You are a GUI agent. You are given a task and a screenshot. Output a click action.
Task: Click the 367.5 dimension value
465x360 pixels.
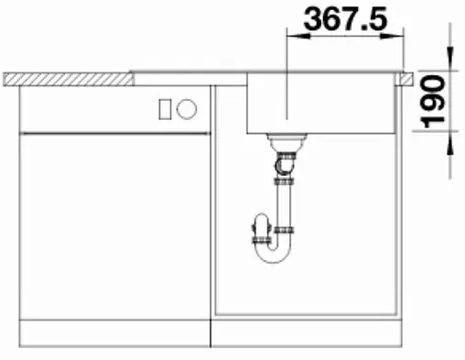click(343, 19)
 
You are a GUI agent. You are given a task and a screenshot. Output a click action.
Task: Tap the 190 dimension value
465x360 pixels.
click(432, 101)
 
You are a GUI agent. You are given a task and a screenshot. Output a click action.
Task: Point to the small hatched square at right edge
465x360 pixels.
click(403, 80)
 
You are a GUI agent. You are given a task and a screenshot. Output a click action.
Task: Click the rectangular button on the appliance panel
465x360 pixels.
click(165, 109)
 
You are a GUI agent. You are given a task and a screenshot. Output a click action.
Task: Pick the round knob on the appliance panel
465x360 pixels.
click(187, 109)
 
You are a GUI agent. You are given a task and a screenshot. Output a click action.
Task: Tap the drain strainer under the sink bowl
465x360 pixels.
click(287, 140)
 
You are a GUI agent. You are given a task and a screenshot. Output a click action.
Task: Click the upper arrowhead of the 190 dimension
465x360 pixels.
click(449, 64)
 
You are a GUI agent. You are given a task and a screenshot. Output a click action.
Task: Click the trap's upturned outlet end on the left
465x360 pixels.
click(259, 224)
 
